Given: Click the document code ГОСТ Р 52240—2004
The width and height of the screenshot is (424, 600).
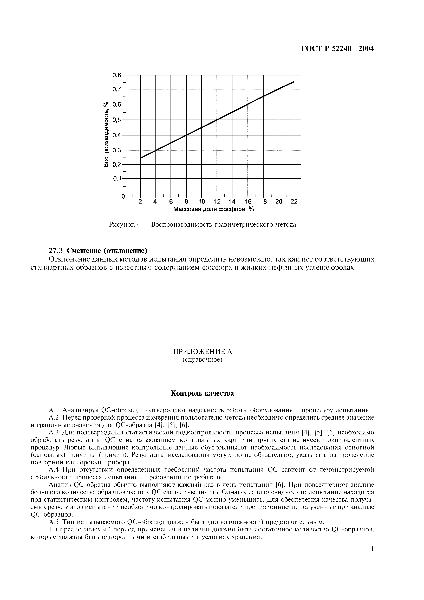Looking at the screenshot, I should click(337, 49).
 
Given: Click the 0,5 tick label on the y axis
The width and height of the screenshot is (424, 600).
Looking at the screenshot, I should click(117, 120).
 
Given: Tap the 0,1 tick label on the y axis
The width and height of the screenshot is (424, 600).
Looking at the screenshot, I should click(117, 179).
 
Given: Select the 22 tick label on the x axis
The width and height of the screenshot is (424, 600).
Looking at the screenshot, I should click(294, 202).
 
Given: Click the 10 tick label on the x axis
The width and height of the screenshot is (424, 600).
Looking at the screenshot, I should click(202, 202).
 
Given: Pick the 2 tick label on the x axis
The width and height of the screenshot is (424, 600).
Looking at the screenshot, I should click(140, 202).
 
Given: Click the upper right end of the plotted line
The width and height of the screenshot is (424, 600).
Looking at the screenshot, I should click(294, 82).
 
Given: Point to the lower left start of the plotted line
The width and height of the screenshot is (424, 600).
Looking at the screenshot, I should click(141, 158).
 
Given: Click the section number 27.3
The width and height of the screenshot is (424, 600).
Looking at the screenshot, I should click(56, 250).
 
